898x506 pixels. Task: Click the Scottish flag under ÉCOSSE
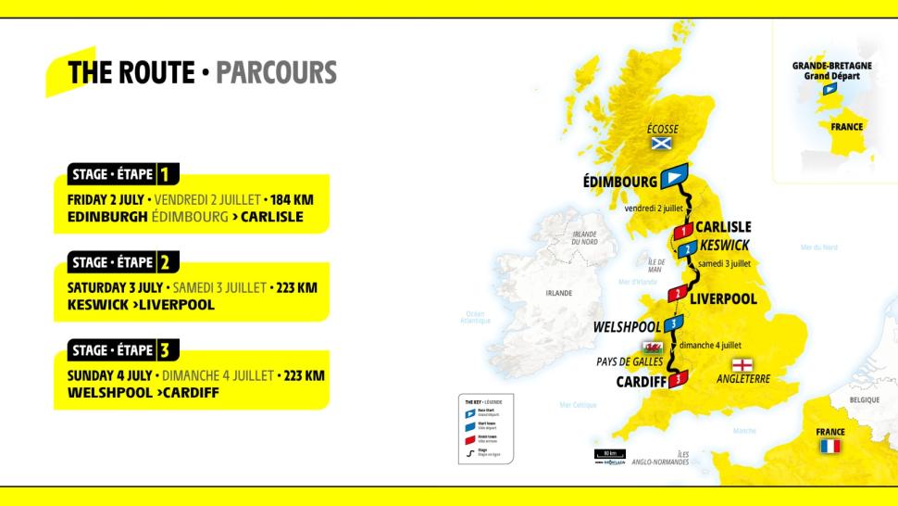point(660,144)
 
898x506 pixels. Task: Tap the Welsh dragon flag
point(654,347)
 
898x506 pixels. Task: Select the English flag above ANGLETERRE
point(742,364)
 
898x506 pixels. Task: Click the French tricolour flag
point(830,446)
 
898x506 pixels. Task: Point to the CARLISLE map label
point(723,226)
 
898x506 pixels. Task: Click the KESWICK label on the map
point(725,245)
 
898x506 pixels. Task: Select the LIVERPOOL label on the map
point(723,298)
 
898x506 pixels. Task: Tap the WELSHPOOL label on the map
point(627,326)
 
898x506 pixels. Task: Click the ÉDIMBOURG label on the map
point(619,182)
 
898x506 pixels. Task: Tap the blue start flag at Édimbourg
point(673,176)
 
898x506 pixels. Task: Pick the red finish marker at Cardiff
point(679,378)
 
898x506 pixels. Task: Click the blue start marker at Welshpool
point(675,323)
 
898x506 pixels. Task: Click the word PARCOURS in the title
point(276,72)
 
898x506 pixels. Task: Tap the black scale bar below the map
point(608,454)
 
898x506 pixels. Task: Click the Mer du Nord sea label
point(818,247)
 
